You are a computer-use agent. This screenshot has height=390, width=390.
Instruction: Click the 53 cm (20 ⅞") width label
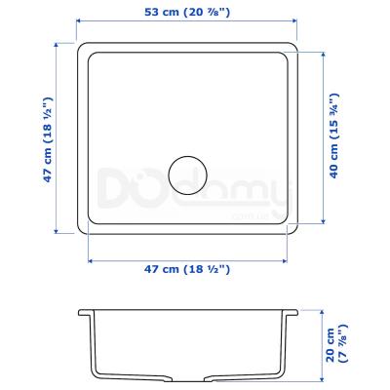pos(187,13)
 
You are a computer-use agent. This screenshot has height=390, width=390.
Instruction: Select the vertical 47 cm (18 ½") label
pos(48,139)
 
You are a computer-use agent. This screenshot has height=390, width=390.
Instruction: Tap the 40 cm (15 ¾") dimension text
pos(334,136)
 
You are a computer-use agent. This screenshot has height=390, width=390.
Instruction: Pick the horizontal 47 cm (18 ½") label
pos(187,269)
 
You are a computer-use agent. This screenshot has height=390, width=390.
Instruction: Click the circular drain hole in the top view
pos(187,175)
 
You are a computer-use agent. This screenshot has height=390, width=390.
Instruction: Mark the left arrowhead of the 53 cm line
pos(79,21)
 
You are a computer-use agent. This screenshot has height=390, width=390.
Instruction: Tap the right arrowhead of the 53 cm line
pos(294,21)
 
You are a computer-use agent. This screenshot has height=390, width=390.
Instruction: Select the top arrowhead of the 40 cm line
pos(323,55)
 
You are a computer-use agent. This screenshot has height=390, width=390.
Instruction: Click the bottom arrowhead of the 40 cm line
pos(323,221)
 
